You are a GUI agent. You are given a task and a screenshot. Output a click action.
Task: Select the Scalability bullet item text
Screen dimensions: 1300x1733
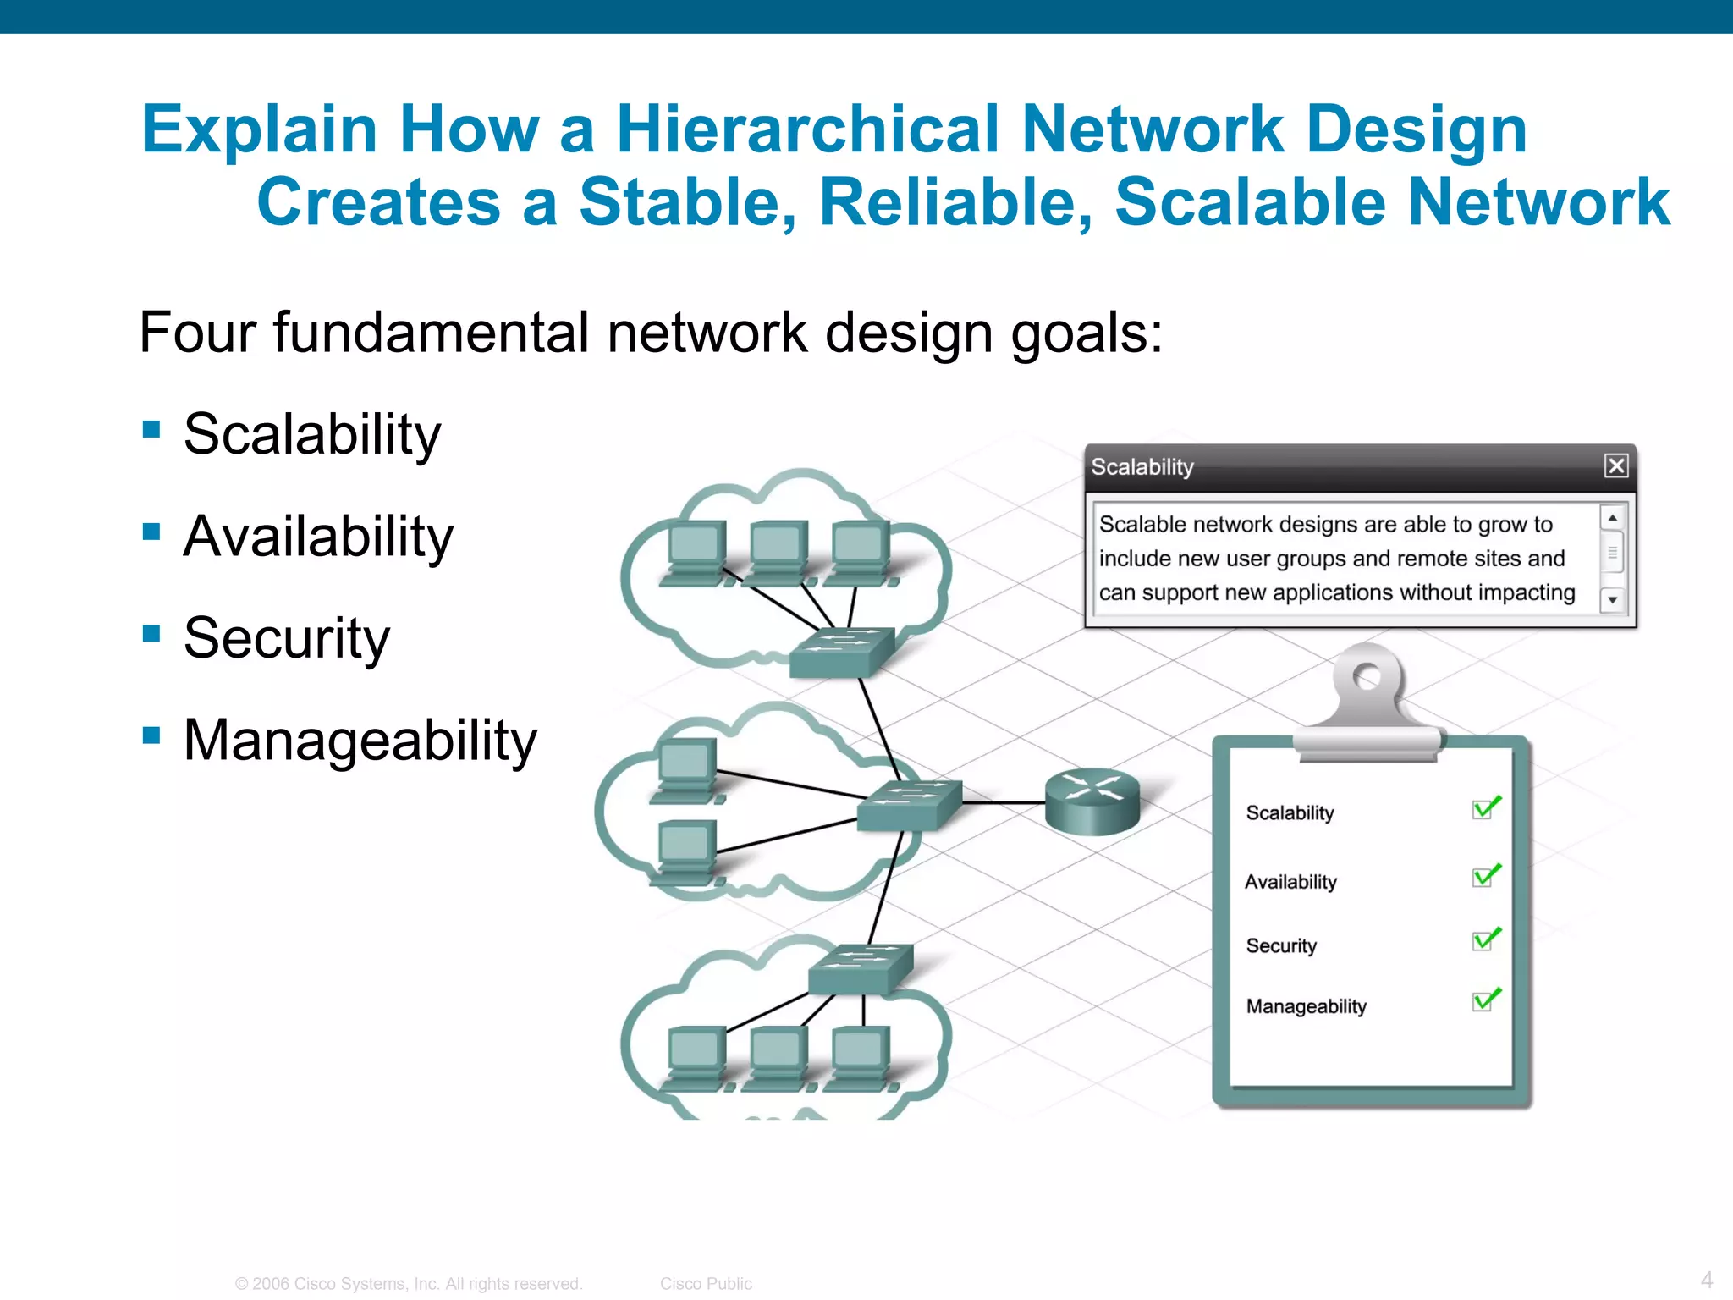pyautogui.click(x=312, y=434)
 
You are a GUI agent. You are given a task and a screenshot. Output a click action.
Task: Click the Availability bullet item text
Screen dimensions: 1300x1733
pyautogui.click(x=318, y=537)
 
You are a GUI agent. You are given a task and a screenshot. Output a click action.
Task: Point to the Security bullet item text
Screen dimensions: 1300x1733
pyautogui.click(x=287, y=638)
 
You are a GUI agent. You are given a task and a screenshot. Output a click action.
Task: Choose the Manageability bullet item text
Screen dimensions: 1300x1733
pyautogui.click(x=360, y=741)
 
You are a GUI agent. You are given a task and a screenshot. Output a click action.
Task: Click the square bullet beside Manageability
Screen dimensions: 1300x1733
pyautogui.click(x=152, y=735)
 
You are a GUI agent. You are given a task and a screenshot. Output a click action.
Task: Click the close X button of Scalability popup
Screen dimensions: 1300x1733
pyautogui.click(x=1615, y=465)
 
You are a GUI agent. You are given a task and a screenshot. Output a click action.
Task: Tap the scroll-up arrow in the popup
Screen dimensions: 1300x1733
pyautogui.click(x=1612, y=518)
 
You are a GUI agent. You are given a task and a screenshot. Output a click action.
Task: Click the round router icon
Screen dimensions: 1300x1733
pyautogui.click(x=1092, y=800)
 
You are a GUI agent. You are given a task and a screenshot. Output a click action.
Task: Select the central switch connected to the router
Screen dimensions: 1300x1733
pyautogui.click(x=909, y=804)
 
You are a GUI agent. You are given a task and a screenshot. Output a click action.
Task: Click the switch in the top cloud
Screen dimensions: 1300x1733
pyautogui.click(x=841, y=651)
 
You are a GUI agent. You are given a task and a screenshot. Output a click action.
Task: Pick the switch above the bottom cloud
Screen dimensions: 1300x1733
pyautogui.click(x=860, y=967)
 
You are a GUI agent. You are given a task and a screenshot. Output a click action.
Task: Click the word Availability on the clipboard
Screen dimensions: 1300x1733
pyautogui.click(x=1290, y=882)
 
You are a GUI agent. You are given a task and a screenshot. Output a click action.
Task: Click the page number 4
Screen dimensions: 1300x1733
pyautogui.click(x=1707, y=1279)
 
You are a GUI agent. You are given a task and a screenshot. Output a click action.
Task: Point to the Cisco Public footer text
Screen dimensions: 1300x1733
pyautogui.click(x=706, y=1283)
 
